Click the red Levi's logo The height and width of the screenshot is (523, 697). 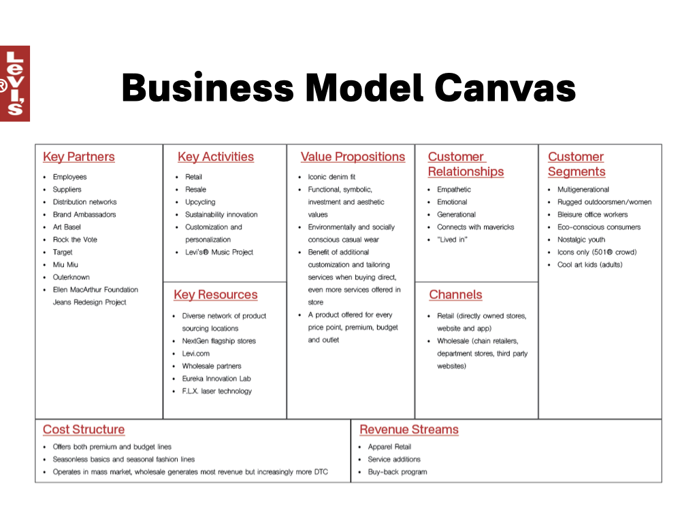tap(14, 84)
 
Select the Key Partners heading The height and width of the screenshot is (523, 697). tap(78, 157)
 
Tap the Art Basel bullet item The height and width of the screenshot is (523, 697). tap(67, 227)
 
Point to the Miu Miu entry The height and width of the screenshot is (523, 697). tap(65, 264)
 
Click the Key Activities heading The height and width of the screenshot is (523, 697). tap(215, 157)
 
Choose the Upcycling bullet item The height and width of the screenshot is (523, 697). tap(200, 202)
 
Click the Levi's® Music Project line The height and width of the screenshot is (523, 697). tap(218, 252)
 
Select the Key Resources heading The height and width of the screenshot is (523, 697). tap(215, 295)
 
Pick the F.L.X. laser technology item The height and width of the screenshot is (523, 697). tap(216, 391)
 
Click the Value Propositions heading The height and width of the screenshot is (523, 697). tap(353, 157)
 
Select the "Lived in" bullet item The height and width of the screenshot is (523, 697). tap(453, 240)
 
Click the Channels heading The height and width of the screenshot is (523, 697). tap(455, 295)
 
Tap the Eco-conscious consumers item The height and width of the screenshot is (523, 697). tap(598, 227)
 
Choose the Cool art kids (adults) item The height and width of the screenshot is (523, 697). tap(589, 264)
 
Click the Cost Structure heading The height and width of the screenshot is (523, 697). tap(84, 430)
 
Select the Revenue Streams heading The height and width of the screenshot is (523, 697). tap(408, 430)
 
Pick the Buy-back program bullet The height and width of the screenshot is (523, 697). tap(397, 472)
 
